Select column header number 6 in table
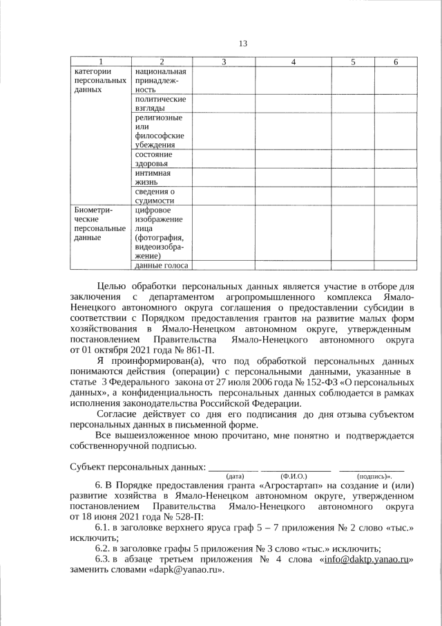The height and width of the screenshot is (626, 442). pos(396,62)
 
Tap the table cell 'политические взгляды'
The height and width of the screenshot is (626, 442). pos(160,104)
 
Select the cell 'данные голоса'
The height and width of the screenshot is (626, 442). pos(160,265)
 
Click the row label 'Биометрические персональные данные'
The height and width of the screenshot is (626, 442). pos(99,223)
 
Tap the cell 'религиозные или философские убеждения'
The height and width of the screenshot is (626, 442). pos(160,131)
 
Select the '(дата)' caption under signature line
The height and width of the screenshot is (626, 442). pos(235,477)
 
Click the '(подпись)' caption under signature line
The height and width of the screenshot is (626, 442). pos(373,477)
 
